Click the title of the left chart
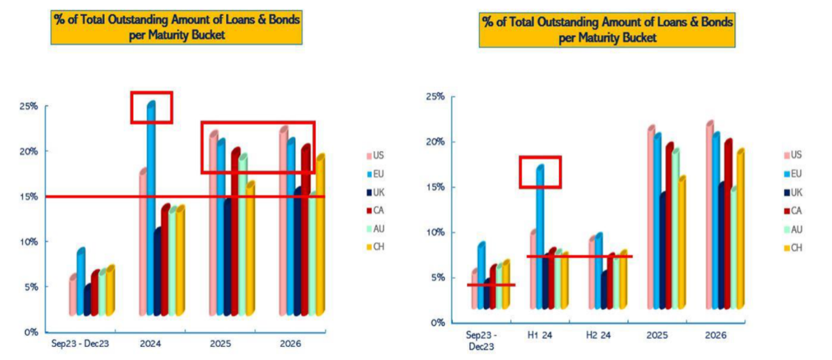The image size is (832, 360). coord(177,27)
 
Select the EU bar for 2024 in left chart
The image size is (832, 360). coord(151,209)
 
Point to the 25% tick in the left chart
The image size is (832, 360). coord(28,106)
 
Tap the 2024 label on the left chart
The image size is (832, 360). coord(150,343)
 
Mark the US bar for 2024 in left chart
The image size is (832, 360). coord(143,242)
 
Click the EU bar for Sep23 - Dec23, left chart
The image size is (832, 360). coord(81,281)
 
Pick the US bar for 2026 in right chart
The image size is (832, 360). coord(710,216)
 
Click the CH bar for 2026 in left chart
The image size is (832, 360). coord(320,236)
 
